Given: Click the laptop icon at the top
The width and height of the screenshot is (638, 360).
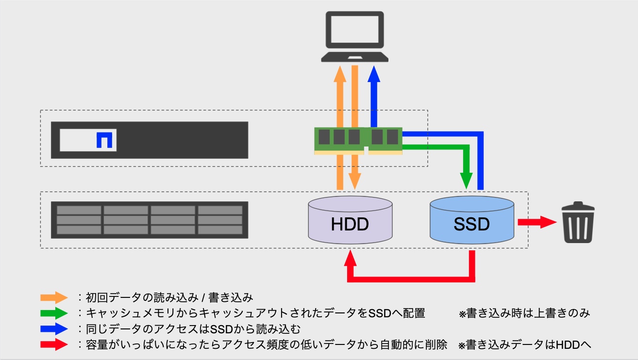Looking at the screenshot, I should (354, 36).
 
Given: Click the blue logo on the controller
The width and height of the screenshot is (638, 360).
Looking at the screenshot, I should (104, 140).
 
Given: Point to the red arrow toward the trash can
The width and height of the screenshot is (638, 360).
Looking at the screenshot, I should (537, 222).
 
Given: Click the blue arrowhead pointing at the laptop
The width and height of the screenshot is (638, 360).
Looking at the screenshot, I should (373, 74).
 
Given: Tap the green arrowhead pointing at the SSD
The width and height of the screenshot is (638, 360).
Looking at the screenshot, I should (466, 182).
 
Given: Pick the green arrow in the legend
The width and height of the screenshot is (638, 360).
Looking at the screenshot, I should (54, 313).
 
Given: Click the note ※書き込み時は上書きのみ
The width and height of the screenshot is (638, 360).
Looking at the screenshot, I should (524, 313).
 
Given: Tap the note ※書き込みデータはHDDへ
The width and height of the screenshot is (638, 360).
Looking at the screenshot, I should (524, 345).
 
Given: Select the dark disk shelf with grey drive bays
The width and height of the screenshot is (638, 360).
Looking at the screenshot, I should (150, 220).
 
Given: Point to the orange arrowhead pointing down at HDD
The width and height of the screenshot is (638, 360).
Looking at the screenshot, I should (355, 182).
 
